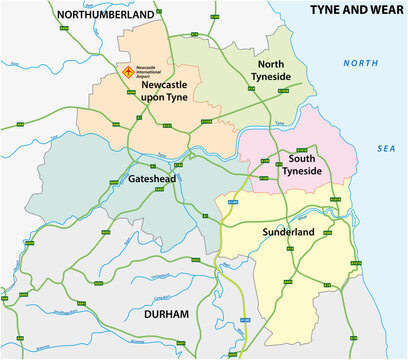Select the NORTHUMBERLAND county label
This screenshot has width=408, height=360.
tap(106, 14)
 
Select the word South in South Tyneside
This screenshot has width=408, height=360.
tap(303, 159)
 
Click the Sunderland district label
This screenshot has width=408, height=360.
tap(289, 232)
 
